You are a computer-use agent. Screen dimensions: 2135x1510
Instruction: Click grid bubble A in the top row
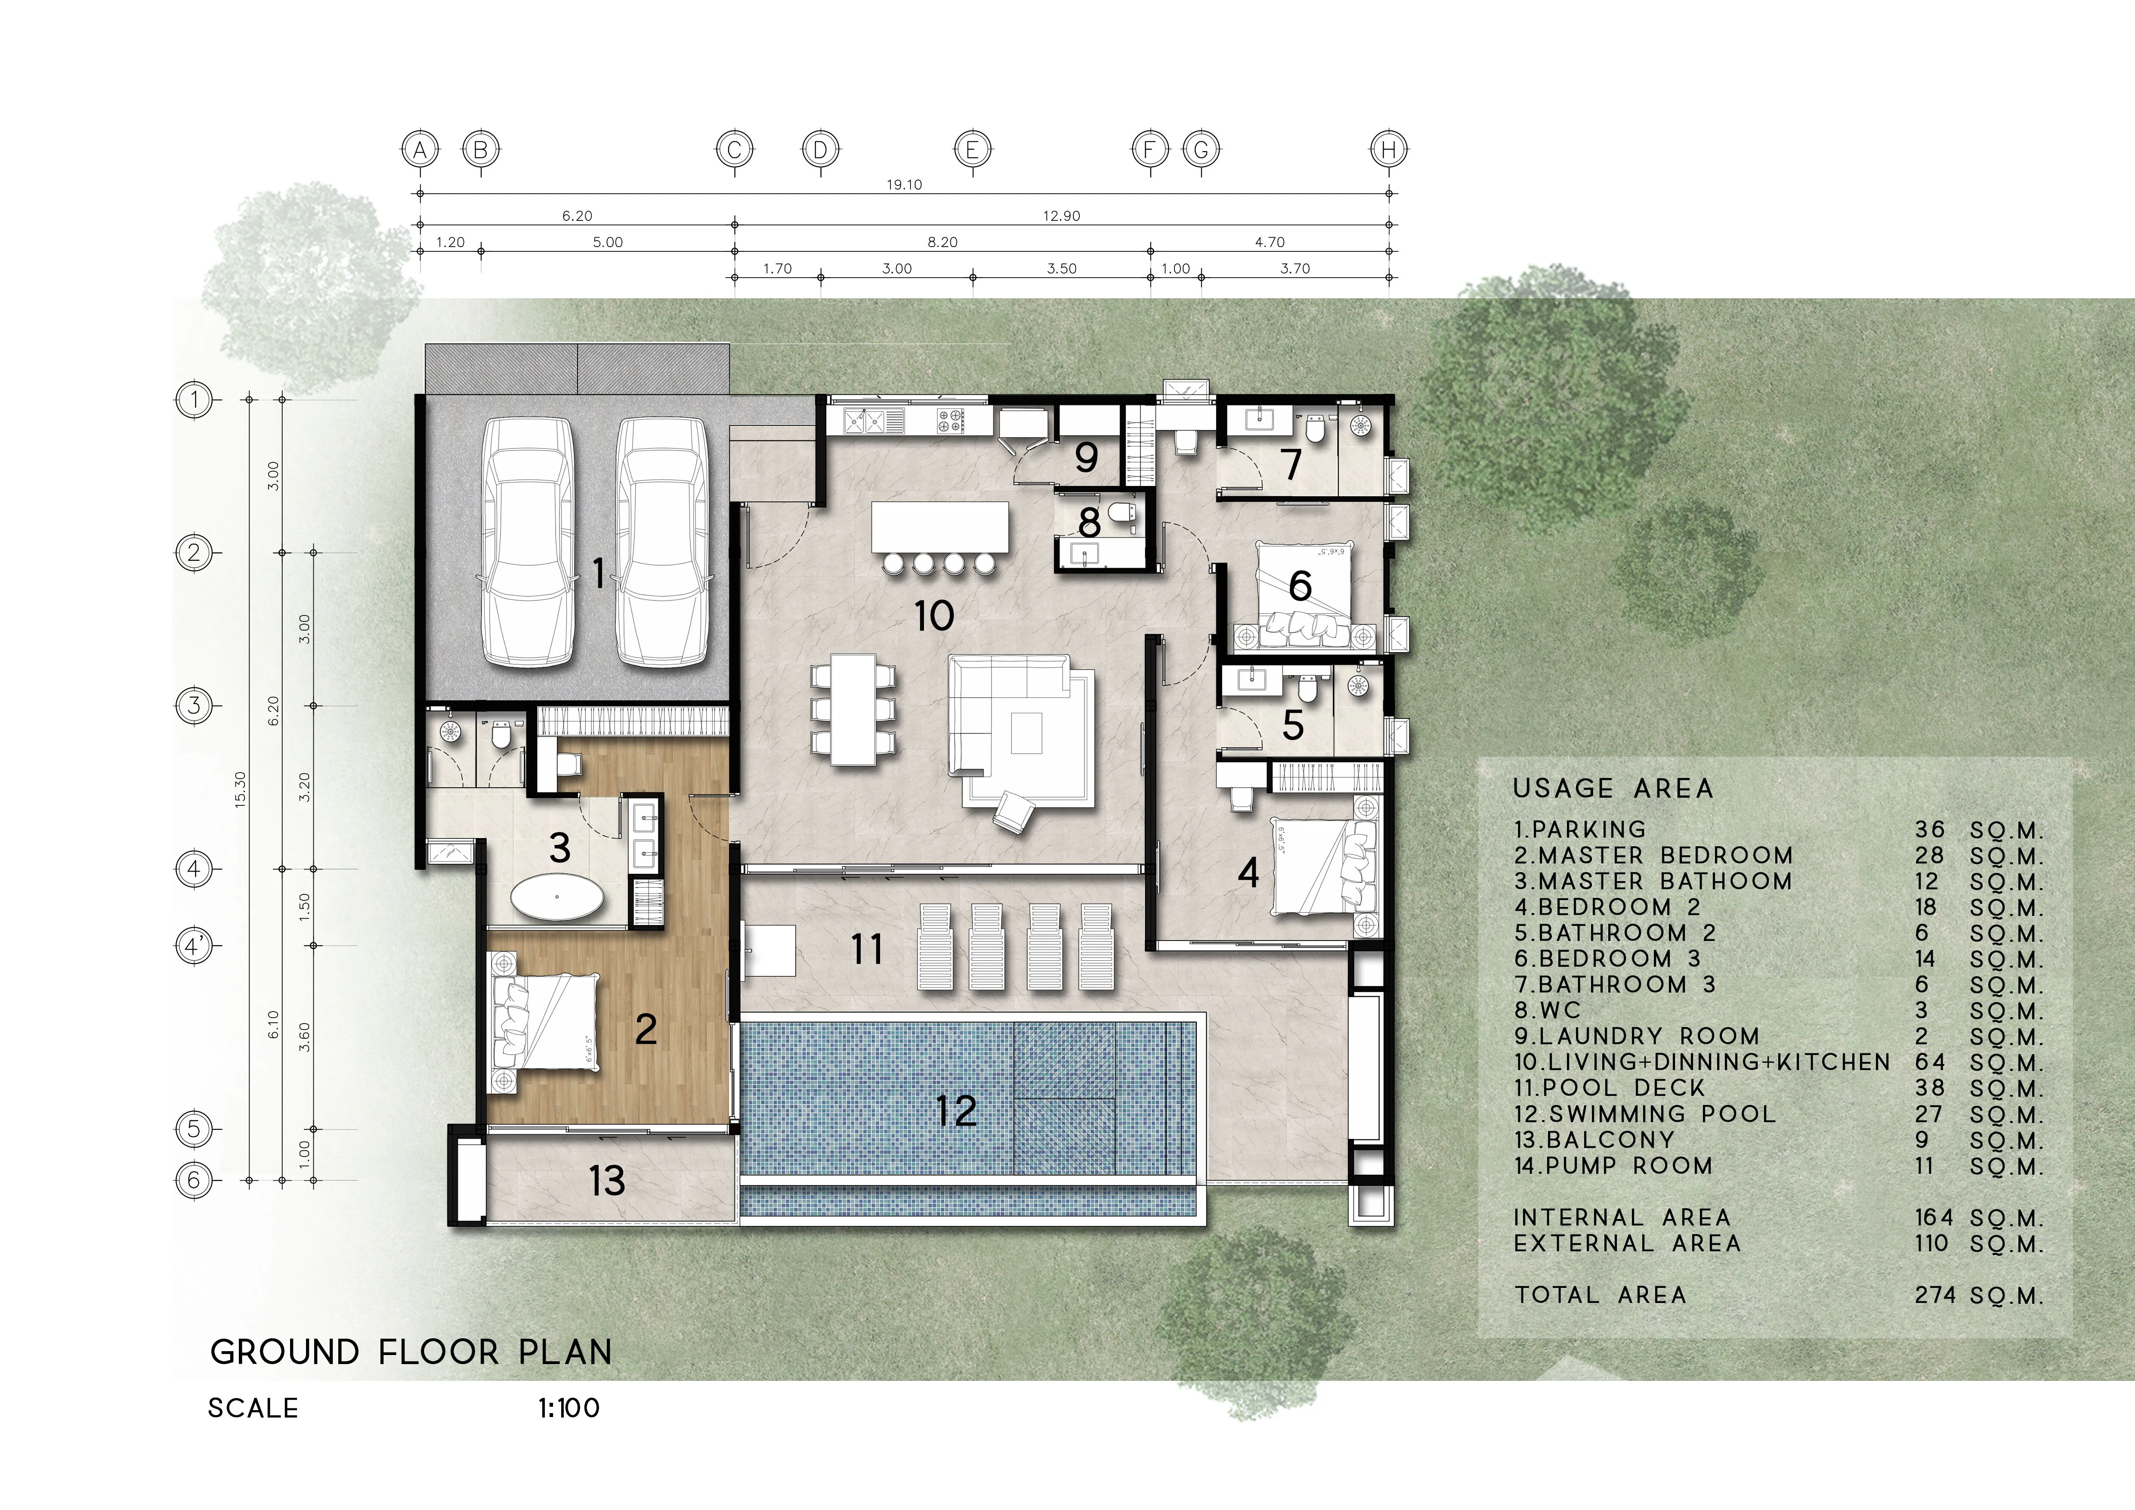coord(420,149)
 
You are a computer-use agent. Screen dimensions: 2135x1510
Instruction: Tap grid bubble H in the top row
coord(1388,149)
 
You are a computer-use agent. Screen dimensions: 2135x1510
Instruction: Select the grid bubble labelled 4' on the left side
coord(193,947)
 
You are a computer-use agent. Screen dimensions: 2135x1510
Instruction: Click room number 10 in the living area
coord(933,616)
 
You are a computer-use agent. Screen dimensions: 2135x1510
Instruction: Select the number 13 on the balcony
coord(607,1181)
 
